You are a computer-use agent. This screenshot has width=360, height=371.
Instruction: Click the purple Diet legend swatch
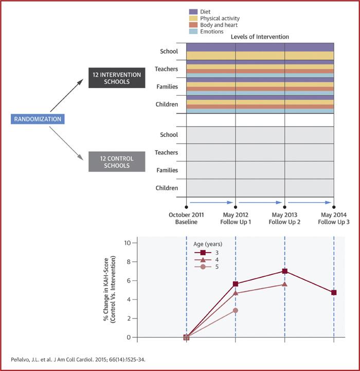tap(193, 11)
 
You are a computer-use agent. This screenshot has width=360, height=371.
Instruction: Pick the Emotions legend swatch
tap(193, 31)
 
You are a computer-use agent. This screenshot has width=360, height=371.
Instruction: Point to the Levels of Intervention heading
tap(260, 37)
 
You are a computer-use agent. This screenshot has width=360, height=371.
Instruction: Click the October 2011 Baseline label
tap(186, 218)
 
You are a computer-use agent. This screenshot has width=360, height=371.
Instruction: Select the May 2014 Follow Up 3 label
tap(334, 218)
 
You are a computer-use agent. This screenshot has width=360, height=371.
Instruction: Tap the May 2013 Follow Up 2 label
tap(284, 218)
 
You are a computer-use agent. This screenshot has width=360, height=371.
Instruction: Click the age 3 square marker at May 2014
tap(334, 292)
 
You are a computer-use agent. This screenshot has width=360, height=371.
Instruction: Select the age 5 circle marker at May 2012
tap(235, 310)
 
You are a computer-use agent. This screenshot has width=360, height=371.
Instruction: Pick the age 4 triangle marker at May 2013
tap(284, 284)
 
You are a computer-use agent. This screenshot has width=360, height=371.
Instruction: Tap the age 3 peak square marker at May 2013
tap(284, 271)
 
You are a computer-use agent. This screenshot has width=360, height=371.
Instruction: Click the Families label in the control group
tap(166, 170)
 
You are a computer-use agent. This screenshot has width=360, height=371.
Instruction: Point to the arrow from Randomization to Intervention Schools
tap(66, 97)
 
